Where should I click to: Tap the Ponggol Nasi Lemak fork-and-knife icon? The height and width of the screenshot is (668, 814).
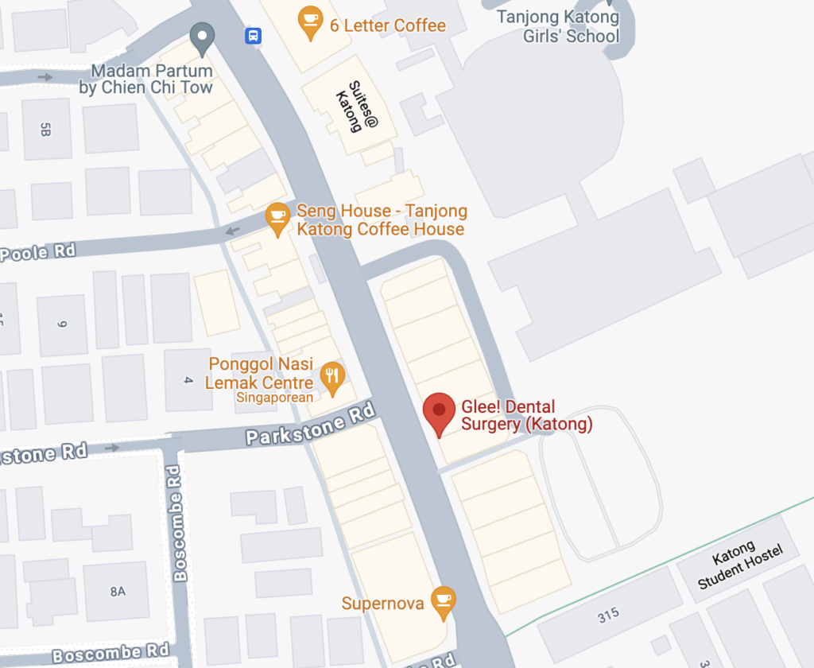click(331, 378)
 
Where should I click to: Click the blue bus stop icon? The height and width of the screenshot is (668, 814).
click(253, 36)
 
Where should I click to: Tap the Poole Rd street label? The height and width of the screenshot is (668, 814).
click(38, 252)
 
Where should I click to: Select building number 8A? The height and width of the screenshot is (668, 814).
click(118, 591)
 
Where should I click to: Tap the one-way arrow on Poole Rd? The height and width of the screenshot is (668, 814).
click(232, 231)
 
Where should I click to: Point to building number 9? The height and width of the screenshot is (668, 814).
click(61, 324)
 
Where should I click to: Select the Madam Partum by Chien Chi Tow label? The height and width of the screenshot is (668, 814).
click(146, 80)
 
